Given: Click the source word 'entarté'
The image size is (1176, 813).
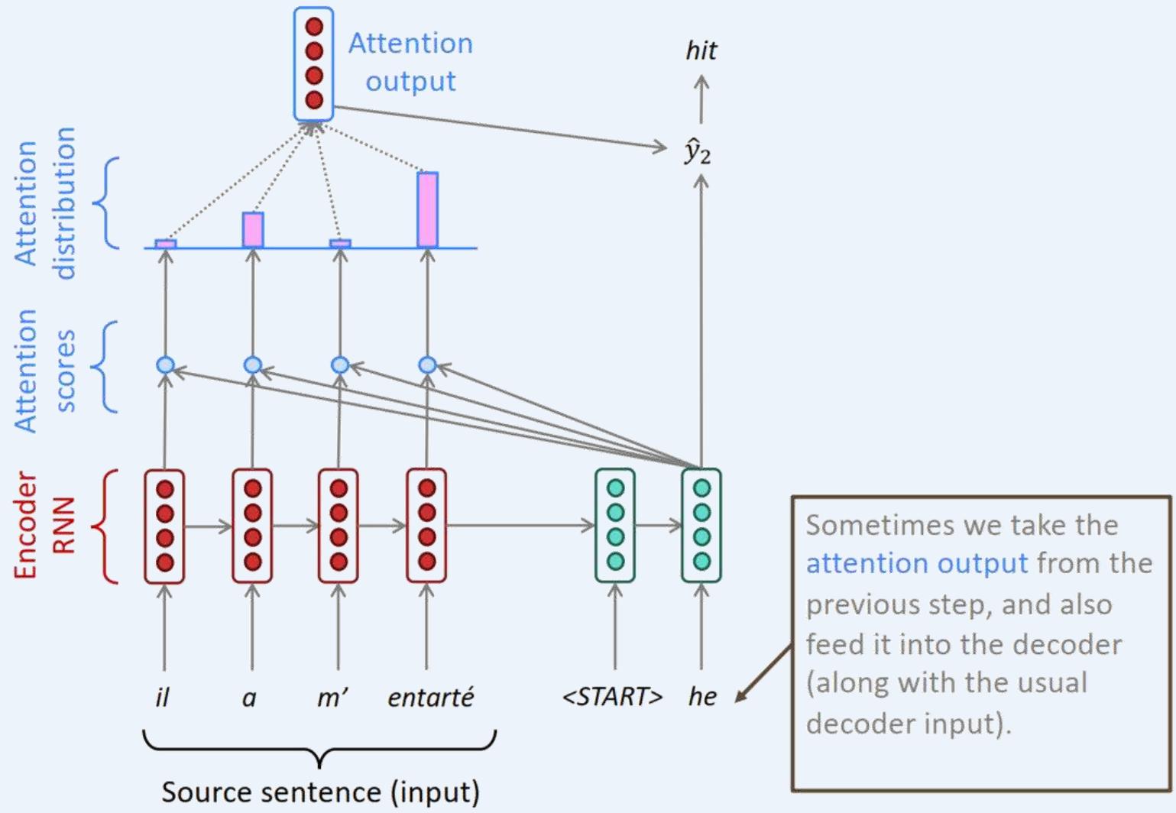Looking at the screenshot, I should pos(430,697).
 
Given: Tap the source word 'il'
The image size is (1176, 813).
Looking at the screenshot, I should pos(162,697).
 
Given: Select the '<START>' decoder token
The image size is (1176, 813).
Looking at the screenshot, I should pos(612,697).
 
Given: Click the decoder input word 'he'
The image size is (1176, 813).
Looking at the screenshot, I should pos(702,697).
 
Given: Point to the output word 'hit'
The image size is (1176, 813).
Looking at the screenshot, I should pos(701,51).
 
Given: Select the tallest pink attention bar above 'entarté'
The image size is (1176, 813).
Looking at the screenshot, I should pos(427,209).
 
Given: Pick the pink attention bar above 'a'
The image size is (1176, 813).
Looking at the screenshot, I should pos(253,229).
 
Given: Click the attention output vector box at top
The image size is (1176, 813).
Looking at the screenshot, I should pos(314,64).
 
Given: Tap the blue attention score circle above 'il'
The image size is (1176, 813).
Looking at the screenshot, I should pos(165,365).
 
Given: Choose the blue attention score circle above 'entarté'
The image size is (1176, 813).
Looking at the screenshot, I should pos(427,365).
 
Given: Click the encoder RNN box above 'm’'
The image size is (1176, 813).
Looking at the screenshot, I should pos(339,526).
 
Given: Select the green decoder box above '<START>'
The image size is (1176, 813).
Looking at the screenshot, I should pos(615,526).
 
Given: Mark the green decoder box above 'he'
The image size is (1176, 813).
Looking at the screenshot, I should pos(701,526).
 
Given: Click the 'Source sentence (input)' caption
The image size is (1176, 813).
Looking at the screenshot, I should pos(320,792).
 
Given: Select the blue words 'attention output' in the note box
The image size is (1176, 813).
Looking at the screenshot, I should pos(916,564).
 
